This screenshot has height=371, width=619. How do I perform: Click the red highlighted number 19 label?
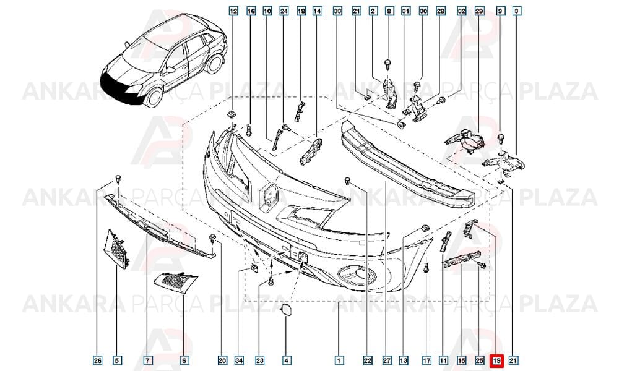(496, 360)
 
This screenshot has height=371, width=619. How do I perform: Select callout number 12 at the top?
(234, 11)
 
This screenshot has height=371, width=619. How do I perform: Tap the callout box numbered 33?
(337, 11)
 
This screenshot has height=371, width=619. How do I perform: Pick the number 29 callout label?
(479, 11)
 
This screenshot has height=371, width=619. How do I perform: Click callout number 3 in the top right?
(516, 11)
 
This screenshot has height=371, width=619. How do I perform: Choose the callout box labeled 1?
(339, 360)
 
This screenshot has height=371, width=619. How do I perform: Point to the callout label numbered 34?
(239, 360)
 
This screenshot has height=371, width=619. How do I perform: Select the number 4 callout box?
(287, 360)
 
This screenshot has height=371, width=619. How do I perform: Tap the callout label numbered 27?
(386, 360)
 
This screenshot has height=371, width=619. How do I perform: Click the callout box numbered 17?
(426, 360)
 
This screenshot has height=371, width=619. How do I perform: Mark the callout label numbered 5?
(116, 360)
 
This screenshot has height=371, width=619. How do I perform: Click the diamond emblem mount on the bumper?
(269, 196)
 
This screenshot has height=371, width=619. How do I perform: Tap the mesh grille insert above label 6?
(175, 283)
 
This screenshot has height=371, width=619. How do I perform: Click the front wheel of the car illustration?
(154, 96)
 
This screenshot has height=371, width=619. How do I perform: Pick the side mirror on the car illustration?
(171, 70)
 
